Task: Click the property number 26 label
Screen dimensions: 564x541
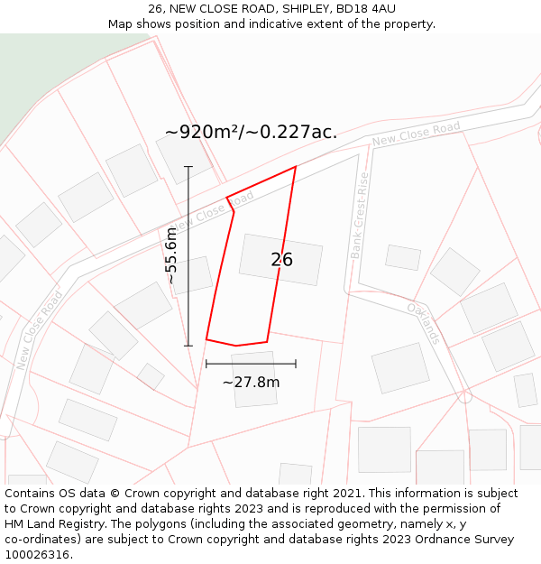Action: click(x=281, y=260)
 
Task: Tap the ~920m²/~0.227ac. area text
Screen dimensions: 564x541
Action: click(x=251, y=132)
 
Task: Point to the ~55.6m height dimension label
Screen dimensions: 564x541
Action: click(x=170, y=255)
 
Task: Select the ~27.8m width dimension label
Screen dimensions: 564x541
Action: click(x=251, y=382)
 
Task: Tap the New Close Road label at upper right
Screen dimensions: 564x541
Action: click(x=416, y=134)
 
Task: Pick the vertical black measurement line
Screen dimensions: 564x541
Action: click(x=188, y=255)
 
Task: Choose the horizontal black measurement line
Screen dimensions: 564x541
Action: click(x=251, y=364)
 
